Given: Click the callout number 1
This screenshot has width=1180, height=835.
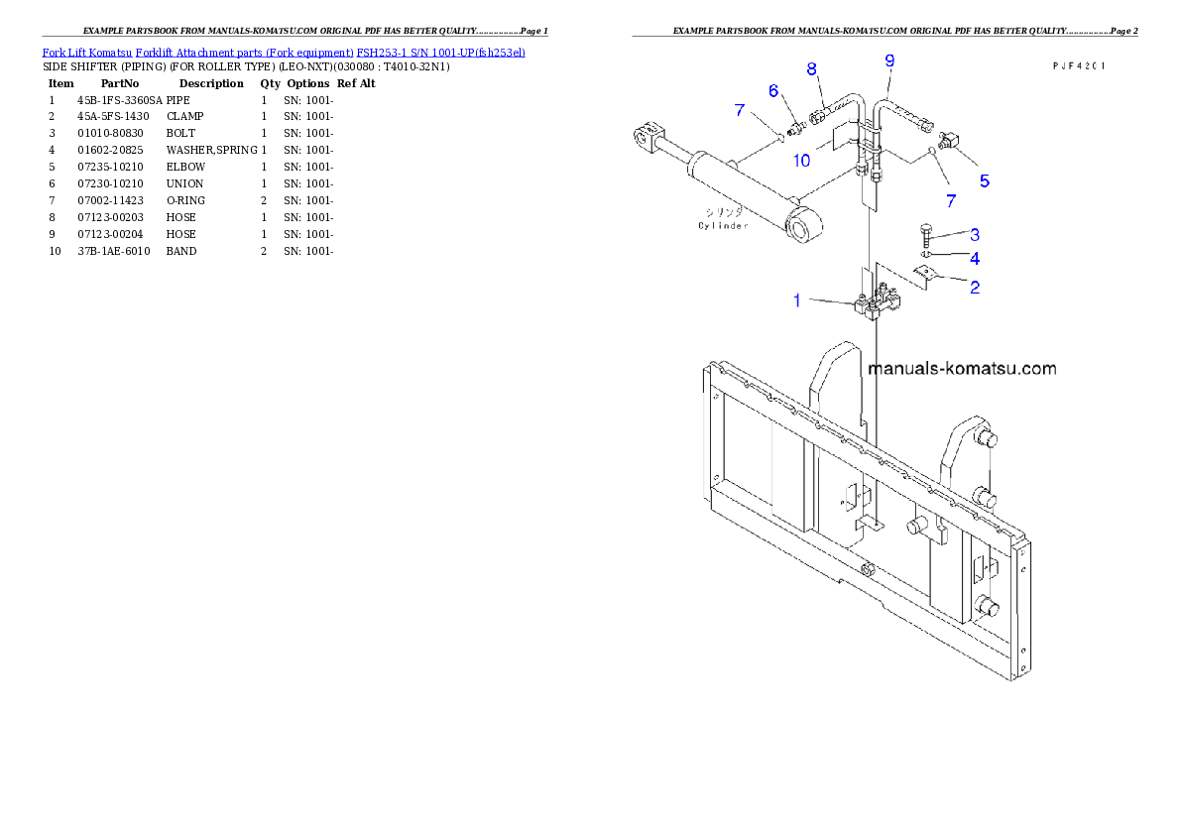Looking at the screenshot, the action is pos(796,299).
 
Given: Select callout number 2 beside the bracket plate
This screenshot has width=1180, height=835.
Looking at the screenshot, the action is pos(975,288).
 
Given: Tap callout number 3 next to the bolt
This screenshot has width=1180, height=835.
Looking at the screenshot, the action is pos(975,235).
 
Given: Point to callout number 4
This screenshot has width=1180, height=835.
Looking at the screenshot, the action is pos(975,259).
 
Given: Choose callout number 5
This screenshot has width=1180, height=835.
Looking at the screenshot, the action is pos(984,180).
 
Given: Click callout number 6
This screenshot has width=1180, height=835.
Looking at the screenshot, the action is pos(773,91).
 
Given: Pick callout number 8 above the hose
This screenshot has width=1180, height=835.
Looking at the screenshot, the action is pos(811,69).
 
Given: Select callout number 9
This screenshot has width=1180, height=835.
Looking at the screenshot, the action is pos(889,60).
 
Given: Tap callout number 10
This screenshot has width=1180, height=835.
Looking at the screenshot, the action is pos(800,160).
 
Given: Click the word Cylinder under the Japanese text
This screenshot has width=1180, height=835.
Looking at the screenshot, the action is pos(723,226).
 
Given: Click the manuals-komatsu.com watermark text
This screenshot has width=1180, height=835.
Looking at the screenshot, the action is pos(962,369).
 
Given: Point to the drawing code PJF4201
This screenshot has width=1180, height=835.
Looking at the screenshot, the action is pos(1079,65).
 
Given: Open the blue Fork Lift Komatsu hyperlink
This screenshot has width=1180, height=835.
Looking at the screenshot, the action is pos(284,52).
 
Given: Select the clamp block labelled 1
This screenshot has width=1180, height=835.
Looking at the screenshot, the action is pos(876,302).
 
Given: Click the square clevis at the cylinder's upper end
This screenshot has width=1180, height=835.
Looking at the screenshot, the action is pos(647,136).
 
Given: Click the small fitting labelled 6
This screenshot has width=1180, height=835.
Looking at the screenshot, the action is pos(795,128).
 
